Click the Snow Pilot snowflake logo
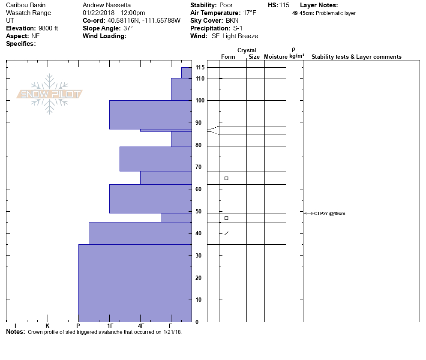click(x=50, y=94)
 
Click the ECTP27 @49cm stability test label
click(x=328, y=213)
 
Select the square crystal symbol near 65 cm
click(x=226, y=178)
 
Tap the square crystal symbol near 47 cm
click(x=226, y=218)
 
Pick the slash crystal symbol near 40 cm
click(x=226, y=233)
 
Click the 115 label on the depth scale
click(x=200, y=68)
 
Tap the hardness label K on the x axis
click(x=47, y=326)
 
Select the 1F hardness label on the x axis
click(x=110, y=326)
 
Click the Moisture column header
click(x=276, y=57)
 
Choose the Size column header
click(x=254, y=57)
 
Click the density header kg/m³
click(x=297, y=56)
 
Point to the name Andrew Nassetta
click(x=107, y=5)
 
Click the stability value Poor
click(x=226, y=5)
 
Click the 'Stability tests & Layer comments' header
click(x=356, y=57)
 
